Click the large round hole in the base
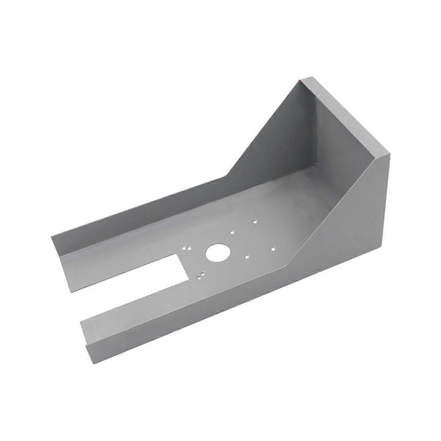click(218, 253)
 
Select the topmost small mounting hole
click(255, 222)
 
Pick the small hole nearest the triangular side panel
click(273, 249)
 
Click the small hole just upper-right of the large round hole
click(232, 232)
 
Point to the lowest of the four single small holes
click(247, 257)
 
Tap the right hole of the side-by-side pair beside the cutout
click(189, 247)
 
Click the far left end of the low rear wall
click(52, 237)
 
